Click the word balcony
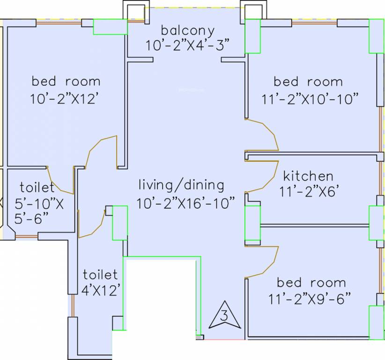(x=188, y=31)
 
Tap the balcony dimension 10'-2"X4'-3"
(x=188, y=45)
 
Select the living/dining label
(x=181, y=185)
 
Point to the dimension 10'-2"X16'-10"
(x=185, y=203)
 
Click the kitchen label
(x=308, y=176)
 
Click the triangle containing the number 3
(x=224, y=315)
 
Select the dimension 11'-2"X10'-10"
(x=310, y=99)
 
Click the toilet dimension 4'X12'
(x=101, y=290)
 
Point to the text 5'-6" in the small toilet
(x=31, y=218)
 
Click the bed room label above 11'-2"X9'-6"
(x=311, y=283)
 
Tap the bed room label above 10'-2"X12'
(x=66, y=82)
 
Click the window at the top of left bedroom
(x=59, y=23)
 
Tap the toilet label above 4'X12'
(x=100, y=275)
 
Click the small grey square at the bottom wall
(x=200, y=337)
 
